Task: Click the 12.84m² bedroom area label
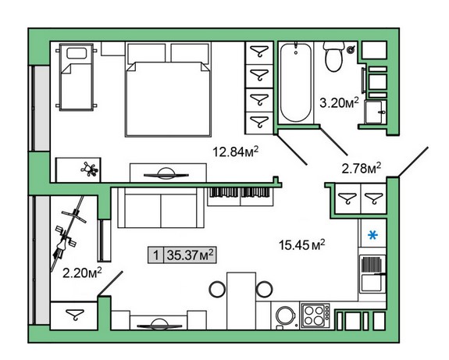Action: coord(235,151)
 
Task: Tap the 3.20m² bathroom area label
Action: coord(339,102)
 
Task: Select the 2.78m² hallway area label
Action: coord(361,168)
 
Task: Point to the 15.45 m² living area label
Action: coord(302,245)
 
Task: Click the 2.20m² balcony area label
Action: coord(82,273)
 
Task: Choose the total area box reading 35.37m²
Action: coord(182,255)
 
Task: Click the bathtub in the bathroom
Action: coord(295,83)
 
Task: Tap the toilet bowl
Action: coord(334,56)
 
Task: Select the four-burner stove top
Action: coord(315,315)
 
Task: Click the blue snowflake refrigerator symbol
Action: coord(372,235)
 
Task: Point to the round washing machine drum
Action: coord(285,315)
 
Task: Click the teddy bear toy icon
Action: coord(90,169)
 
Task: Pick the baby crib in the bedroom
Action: coord(77,77)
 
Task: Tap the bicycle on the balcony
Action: coord(68,234)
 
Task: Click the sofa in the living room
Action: coord(161,208)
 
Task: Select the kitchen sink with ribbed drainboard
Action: coord(372,274)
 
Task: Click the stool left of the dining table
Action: coord(217,289)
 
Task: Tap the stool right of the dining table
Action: coord(264,289)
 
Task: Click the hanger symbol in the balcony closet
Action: coord(75,314)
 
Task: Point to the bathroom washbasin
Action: coord(375,112)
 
